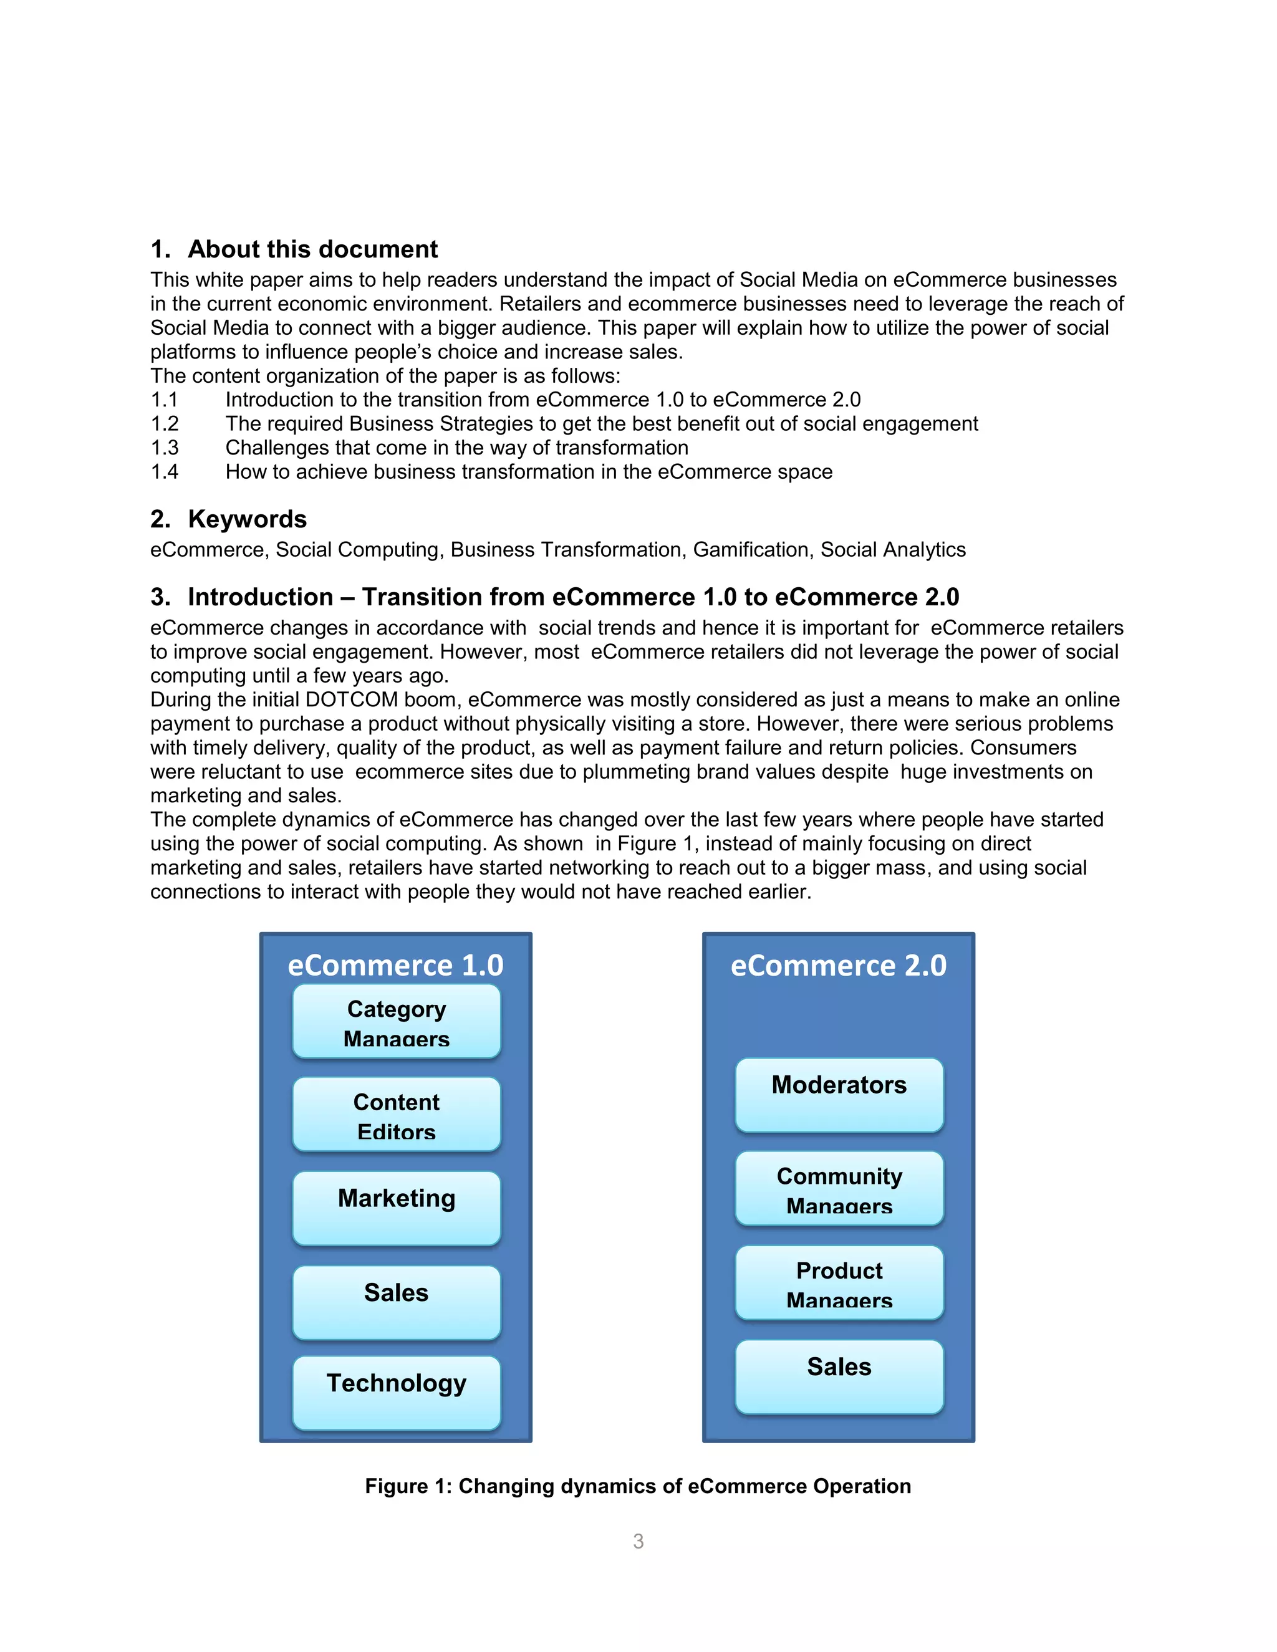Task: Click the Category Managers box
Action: (x=397, y=1021)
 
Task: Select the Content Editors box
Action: (x=397, y=1114)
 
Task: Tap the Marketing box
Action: (x=397, y=1208)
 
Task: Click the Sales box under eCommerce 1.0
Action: (x=397, y=1302)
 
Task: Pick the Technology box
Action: (x=397, y=1393)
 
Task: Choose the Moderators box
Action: (x=839, y=1095)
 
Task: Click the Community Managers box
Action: (x=839, y=1188)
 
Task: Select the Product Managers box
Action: (x=839, y=1283)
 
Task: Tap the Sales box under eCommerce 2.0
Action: (x=839, y=1376)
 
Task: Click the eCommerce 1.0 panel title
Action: (x=396, y=965)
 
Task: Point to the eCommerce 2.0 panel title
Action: (x=838, y=965)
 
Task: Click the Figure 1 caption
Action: (x=638, y=1486)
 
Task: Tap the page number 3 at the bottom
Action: (x=638, y=1541)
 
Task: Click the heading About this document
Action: (x=312, y=249)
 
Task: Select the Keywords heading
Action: (x=247, y=519)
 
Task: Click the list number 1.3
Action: (x=164, y=448)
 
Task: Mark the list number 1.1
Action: (x=164, y=400)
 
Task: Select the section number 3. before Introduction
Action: (x=160, y=597)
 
